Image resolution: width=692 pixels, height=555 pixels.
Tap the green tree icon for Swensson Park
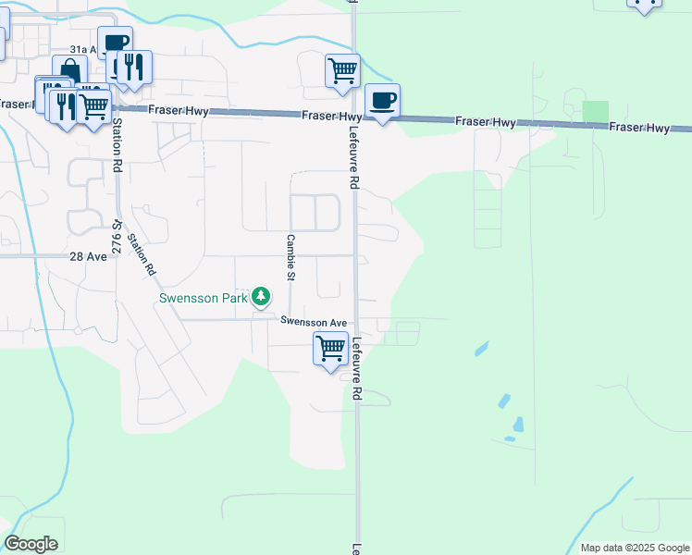pyautogui.click(x=263, y=296)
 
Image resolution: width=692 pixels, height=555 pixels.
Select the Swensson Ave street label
pyautogui.click(x=315, y=322)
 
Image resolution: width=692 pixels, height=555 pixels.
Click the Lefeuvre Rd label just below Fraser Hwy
pyautogui.click(x=353, y=158)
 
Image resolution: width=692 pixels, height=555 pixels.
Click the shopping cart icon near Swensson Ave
pyautogui.click(x=330, y=349)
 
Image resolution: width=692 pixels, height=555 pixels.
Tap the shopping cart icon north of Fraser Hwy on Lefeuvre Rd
pyautogui.click(x=342, y=69)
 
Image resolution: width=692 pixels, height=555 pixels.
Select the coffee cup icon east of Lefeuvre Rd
pyautogui.click(x=382, y=100)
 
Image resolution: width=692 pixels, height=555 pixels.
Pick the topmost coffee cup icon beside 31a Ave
pyautogui.click(x=115, y=43)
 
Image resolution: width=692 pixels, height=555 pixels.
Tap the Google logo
pyautogui.click(x=31, y=544)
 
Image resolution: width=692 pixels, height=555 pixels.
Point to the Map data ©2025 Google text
pyautogui.click(x=634, y=548)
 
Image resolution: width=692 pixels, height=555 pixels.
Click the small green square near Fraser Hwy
pyautogui.click(x=596, y=110)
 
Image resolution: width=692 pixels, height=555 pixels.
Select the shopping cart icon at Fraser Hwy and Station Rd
pyautogui.click(x=93, y=105)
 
